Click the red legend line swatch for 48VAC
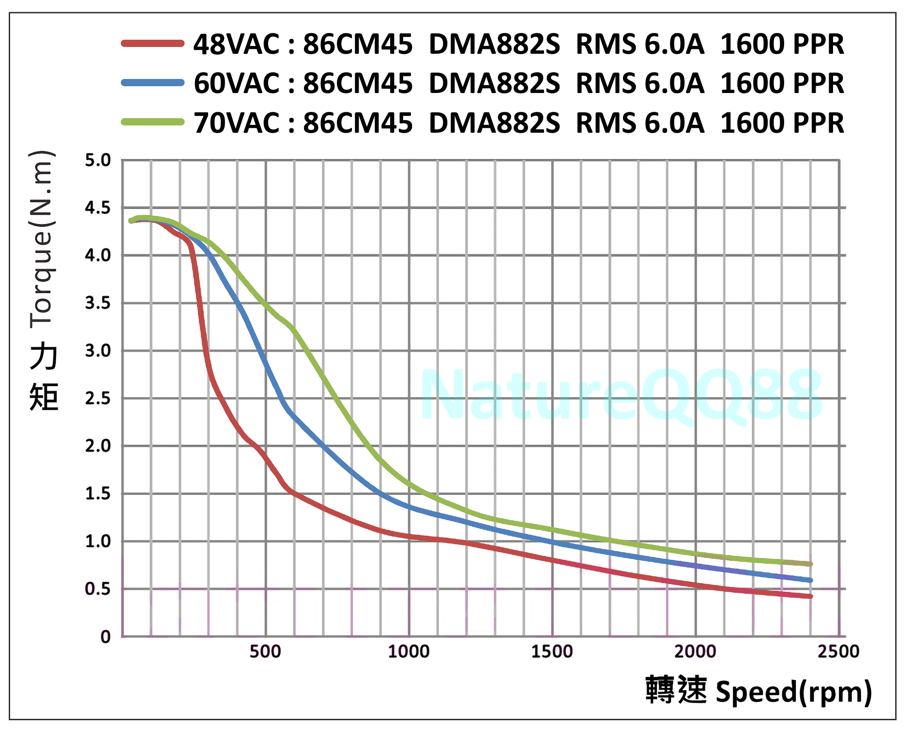pos(152,44)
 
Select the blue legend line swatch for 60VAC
pos(152,83)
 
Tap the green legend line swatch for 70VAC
pos(152,122)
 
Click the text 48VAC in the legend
pos(237,44)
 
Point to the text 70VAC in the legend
pos(237,123)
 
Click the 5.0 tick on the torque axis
pos(98,160)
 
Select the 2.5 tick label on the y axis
pos(98,399)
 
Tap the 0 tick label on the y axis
pos(105,636)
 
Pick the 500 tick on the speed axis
pos(265,651)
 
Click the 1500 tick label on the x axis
pos(552,651)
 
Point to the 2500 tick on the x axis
pos(838,651)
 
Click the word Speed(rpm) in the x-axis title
pos(794,691)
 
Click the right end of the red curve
pos(810,596)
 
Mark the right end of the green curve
pos(810,564)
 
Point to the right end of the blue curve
pos(810,580)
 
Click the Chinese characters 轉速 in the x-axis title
pos(676,690)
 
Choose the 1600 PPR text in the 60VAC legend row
pos(782,83)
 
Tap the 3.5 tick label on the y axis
pos(98,303)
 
